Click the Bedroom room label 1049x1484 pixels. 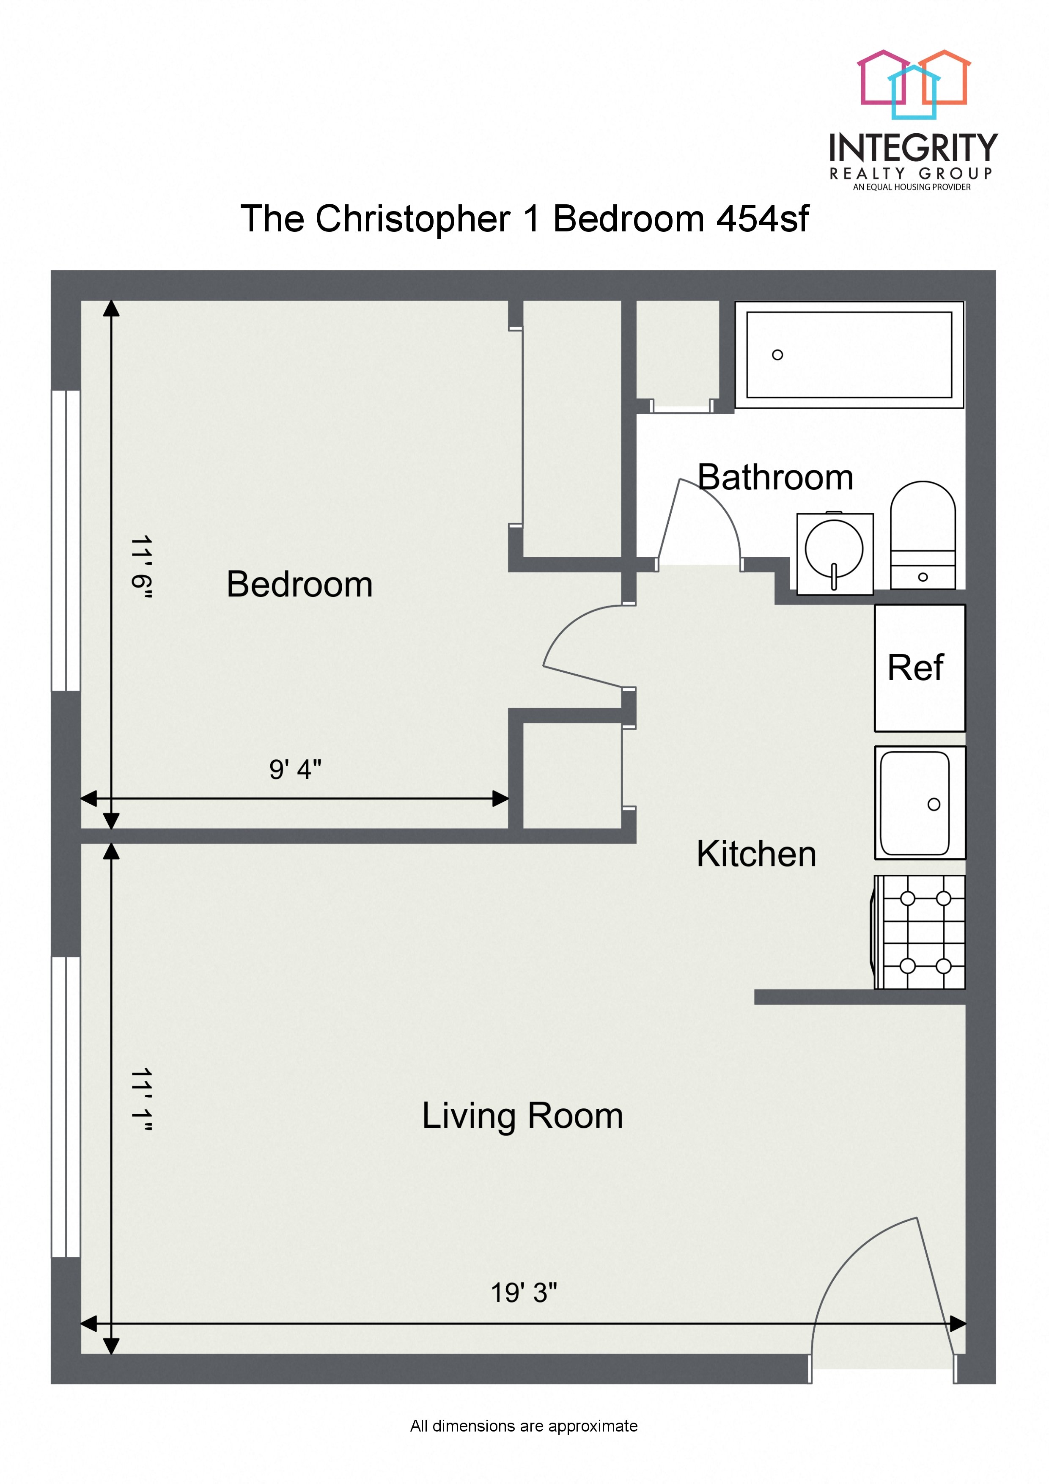[x=299, y=584]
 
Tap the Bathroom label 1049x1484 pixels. [x=775, y=478]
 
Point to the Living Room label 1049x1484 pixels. [x=522, y=1116]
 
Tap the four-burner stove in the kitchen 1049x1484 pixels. [x=920, y=932]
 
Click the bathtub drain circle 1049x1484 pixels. [x=777, y=355]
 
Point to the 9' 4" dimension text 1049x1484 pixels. [x=295, y=769]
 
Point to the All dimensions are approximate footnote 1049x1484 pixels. [x=524, y=1426]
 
